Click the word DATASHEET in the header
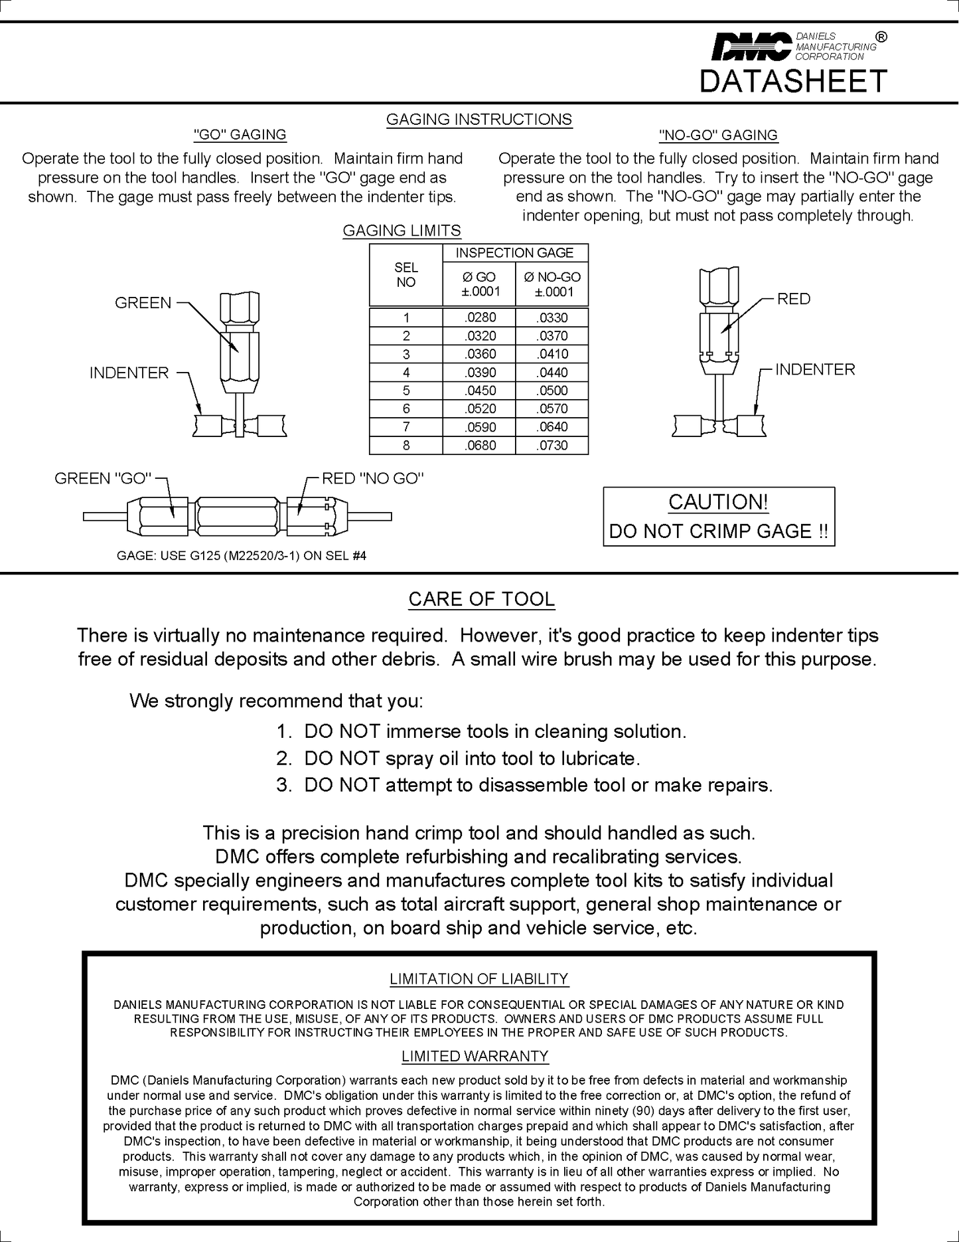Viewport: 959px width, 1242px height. point(793,81)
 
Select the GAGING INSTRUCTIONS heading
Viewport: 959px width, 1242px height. point(479,120)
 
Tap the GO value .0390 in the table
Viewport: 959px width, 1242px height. point(480,373)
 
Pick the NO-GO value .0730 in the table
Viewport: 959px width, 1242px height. point(552,446)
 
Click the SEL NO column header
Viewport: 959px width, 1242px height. point(406,275)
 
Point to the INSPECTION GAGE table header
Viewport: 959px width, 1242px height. point(514,253)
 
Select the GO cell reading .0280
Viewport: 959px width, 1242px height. point(480,317)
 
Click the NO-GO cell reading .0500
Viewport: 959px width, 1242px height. point(552,391)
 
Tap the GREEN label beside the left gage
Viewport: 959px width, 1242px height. point(143,303)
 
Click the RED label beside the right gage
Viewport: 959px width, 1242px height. point(794,299)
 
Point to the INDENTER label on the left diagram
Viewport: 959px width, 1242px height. point(129,373)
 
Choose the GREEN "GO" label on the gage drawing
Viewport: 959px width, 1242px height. point(103,478)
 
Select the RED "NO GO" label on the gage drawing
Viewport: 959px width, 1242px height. point(373,478)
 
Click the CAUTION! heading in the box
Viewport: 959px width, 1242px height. point(718,502)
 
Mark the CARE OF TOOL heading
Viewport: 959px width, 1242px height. point(481,599)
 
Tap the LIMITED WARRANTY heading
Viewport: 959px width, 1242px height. point(475,1056)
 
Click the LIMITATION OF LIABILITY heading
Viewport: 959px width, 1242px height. point(479,979)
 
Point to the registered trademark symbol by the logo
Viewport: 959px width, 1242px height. point(881,37)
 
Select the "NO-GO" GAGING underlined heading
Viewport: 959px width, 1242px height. point(718,135)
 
